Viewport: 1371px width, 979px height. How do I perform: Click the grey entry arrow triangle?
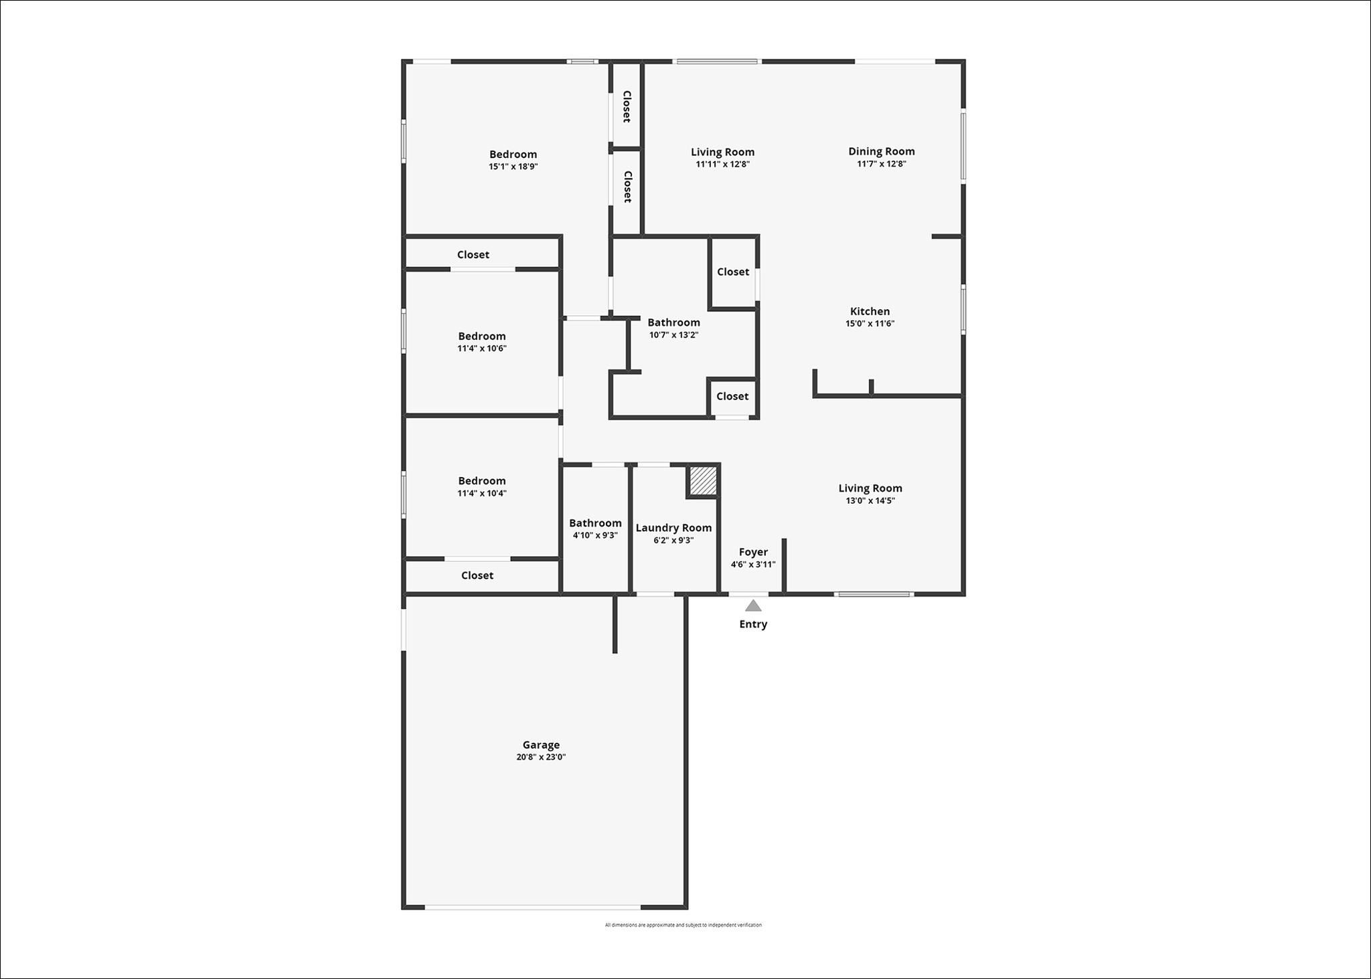click(753, 606)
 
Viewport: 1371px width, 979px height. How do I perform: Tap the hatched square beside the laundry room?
click(704, 480)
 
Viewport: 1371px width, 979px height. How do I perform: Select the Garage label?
click(541, 745)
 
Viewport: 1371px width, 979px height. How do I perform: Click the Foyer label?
click(753, 552)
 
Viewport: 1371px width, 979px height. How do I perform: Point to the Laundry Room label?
click(673, 528)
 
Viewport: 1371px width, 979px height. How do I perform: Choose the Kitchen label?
click(870, 311)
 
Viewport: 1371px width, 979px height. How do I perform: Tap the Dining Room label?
click(882, 151)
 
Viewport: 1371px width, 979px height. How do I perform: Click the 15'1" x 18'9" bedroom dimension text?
click(513, 167)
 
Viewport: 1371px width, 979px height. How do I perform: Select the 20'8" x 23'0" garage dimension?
click(541, 757)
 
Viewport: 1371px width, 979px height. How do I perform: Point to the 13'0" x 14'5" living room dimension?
click(870, 501)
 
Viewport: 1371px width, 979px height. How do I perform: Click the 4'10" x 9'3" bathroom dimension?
click(595, 535)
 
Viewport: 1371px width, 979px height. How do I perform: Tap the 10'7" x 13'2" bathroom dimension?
click(674, 335)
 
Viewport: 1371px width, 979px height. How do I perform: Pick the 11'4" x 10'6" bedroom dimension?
click(482, 348)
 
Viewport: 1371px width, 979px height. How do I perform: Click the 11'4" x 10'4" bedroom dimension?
click(482, 493)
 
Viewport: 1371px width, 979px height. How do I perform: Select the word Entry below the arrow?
click(753, 624)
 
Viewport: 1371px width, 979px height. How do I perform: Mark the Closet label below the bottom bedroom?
click(477, 575)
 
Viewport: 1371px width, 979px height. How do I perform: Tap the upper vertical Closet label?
click(627, 106)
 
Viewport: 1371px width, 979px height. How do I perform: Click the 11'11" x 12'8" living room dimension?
click(722, 164)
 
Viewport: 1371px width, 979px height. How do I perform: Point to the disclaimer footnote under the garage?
click(683, 925)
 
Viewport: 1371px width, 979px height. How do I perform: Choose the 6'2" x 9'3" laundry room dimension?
click(673, 540)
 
